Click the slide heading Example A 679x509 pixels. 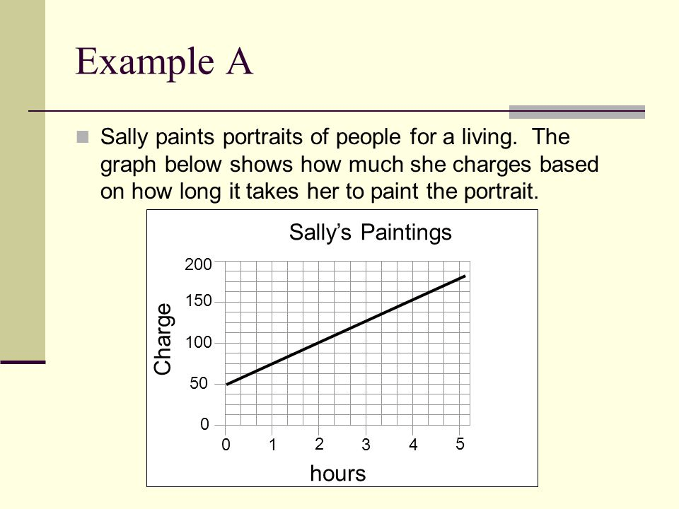pos(164,62)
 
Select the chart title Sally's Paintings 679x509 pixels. pos(370,233)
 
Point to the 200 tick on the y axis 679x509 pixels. pos(198,264)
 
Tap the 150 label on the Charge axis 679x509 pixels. pos(198,301)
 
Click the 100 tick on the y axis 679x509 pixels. pos(198,342)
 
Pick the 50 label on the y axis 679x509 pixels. pos(199,383)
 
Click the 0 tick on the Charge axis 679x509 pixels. pos(204,424)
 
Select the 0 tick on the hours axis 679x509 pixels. pos(226,445)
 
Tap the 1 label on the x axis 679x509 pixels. pos(272,445)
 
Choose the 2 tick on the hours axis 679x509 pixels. pos(319,444)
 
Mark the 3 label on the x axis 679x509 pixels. pos(366,445)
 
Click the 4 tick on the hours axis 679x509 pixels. pos(413,445)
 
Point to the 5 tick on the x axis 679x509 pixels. pos(460,444)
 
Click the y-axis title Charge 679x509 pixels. pos(163,339)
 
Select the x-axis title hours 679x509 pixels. pos(338,473)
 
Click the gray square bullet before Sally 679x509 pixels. pos(82,136)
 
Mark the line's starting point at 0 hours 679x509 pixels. pos(227,384)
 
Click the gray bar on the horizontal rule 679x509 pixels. pos(577,112)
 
